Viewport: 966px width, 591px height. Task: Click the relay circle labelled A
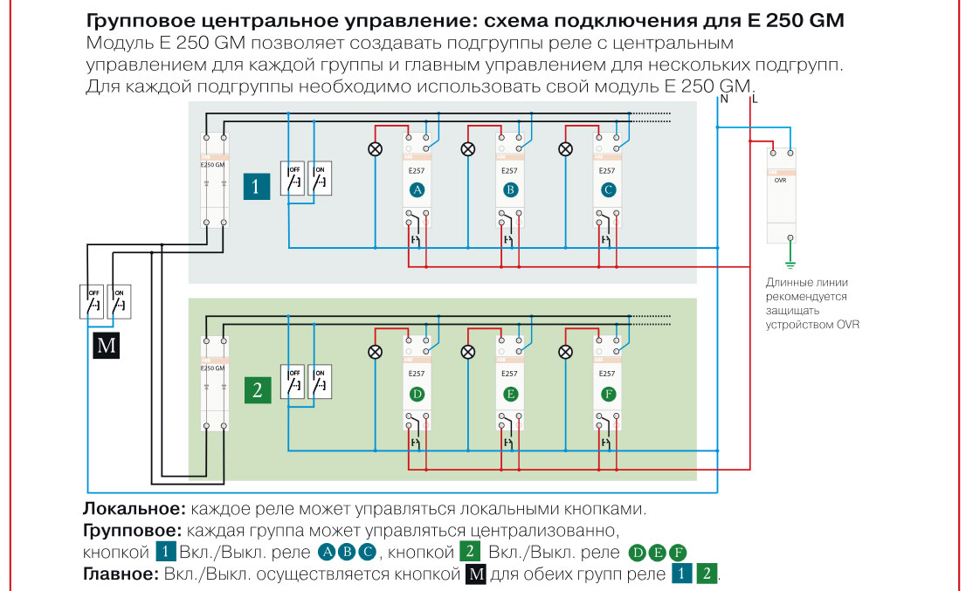tap(417, 189)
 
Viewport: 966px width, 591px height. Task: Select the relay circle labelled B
tap(511, 189)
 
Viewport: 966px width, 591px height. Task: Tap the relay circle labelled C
tap(609, 189)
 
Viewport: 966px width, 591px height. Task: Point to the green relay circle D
tap(417, 394)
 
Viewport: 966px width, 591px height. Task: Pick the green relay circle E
tap(511, 394)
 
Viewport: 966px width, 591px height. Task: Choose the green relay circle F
tap(609, 394)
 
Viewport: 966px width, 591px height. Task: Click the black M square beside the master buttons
tap(106, 346)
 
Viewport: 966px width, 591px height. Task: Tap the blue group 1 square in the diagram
tap(256, 186)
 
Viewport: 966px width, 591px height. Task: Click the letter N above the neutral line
tap(723, 100)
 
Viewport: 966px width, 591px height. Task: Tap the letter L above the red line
tap(754, 100)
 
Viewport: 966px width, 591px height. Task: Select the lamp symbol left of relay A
tap(376, 148)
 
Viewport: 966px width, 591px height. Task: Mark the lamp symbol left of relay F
tap(566, 352)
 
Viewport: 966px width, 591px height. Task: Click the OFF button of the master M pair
tap(93, 301)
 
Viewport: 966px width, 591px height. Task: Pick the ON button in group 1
tap(321, 178)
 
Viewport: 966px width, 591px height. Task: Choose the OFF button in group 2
tap(293, 381)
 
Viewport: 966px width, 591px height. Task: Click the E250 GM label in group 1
tap(213, 164)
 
